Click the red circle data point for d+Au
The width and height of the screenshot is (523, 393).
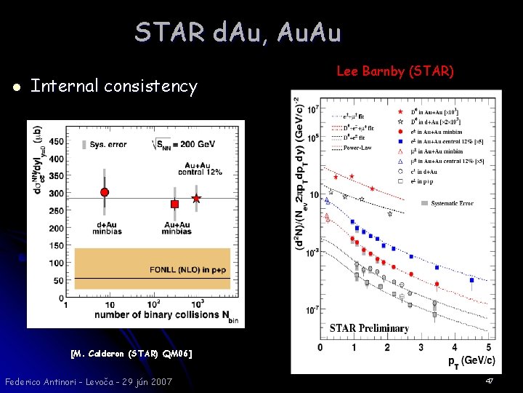pos(105,192)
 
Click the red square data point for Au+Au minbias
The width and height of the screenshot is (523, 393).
pos(175,205)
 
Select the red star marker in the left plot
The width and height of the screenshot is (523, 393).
pos(195,198)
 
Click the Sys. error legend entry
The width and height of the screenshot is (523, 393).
pos(106,145)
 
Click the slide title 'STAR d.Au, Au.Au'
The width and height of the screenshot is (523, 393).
pos(238,32)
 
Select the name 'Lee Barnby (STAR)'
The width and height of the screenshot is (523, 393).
pos(395,71)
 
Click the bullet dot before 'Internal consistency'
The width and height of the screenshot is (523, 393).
pos(15,87)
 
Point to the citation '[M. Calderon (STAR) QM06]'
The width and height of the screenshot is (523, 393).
pos(131,354)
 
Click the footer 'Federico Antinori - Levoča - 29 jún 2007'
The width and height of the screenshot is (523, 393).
pos(88,381)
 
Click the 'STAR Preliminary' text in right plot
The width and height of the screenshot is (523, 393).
pos(369,328)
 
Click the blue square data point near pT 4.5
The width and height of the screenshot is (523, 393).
pos(472,279)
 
